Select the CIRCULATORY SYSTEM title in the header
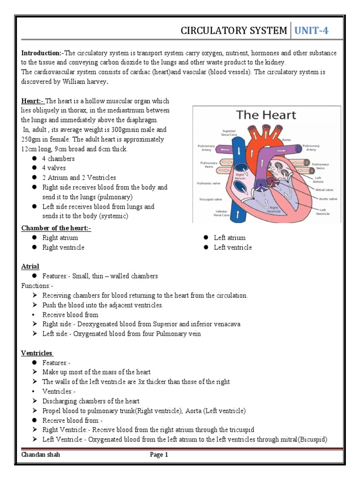coord(234,31)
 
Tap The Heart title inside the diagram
coord(266,114)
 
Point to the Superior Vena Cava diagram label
coord(229,133)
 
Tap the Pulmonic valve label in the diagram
coord(210,184)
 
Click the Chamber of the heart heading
coord(56,228)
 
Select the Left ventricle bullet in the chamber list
coord(232,247)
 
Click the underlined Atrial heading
coord(30,266)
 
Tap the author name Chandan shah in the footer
coord(41,455)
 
